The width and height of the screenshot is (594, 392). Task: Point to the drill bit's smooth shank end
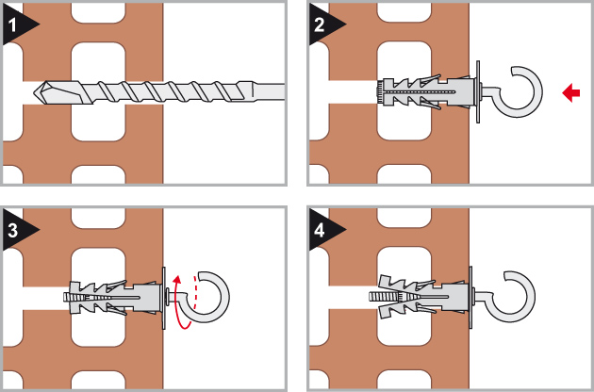point(265,92)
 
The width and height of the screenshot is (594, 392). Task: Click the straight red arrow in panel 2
point(570,92)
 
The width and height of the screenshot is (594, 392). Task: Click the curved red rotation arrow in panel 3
point(179,303)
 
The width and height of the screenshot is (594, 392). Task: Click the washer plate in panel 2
point(478,91)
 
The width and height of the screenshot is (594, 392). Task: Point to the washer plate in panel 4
point(470,298)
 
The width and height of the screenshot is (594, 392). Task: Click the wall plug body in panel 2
point(428,91)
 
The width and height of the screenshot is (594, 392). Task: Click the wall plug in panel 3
point(114,298)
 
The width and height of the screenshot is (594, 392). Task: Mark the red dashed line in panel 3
point(195,291)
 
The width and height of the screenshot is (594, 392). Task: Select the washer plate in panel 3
point(164,298)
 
